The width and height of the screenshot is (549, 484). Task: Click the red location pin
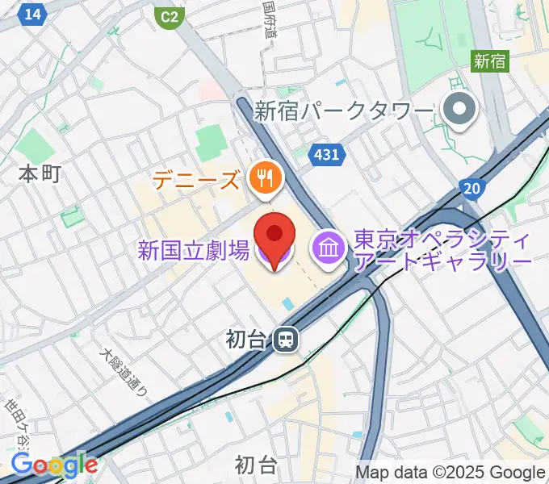coord(274,236)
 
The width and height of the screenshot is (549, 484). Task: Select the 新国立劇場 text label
coord(193,252)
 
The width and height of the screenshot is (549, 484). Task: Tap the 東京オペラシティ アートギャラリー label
coord(442,252)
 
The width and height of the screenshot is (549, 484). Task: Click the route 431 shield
coord(326,153)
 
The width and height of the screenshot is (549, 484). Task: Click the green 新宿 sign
coord(490,60)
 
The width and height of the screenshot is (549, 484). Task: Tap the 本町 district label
coord(40,173)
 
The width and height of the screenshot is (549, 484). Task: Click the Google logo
coord(54,465)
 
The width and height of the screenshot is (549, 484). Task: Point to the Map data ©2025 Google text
coord(451,473)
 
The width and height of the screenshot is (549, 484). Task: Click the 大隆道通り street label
coord(123,373)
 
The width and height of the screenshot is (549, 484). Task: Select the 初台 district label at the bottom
coord(256,465)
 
